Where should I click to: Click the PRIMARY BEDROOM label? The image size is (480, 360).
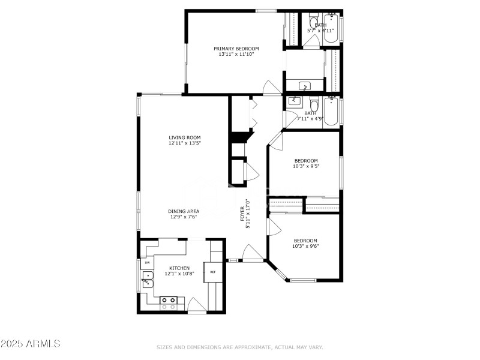(236, 49)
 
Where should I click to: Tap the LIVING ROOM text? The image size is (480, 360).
(184, 137)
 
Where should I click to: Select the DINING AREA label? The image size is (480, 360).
(183, 211)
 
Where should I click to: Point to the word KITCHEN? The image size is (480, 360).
(179, 268)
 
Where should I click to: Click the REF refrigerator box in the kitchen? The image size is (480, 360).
(212, 271)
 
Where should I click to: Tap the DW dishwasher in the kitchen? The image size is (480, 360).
(147, 263)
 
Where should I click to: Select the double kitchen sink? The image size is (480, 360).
(146, 278)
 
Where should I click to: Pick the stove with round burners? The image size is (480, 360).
(169, 303)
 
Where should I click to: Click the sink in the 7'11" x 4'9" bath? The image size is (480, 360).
(294, 101)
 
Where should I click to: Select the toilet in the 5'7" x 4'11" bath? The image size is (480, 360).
(313, 19)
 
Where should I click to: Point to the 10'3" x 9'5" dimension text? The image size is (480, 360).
(305, 166)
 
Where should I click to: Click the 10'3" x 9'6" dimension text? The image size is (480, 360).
(305, 245)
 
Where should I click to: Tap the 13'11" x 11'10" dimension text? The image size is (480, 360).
(236, 55)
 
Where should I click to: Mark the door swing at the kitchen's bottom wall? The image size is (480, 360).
(197, 305)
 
